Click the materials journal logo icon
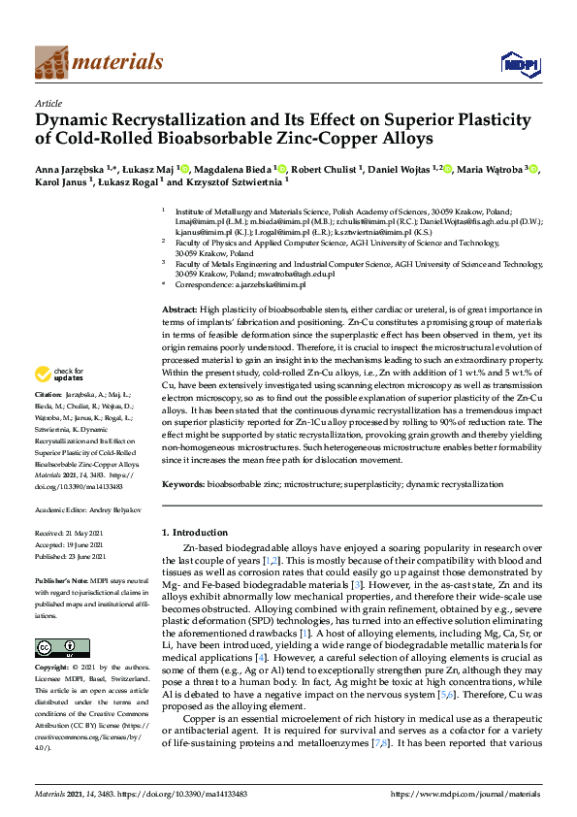[50, 62]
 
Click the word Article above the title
[48, 102]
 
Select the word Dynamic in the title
[75, 120]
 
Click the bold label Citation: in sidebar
[48, 396]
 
